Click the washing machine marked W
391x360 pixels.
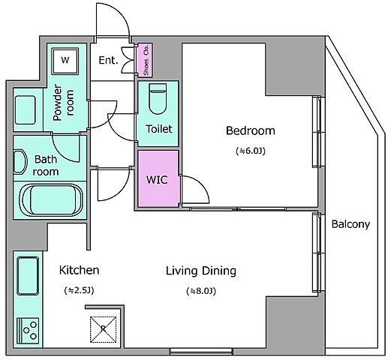65,61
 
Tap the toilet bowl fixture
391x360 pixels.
158,99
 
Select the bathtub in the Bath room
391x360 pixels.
52,200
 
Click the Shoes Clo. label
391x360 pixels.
146,60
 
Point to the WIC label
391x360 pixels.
157,180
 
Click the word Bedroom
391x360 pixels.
251,130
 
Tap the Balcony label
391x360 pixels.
350,224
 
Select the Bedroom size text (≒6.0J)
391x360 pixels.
251,151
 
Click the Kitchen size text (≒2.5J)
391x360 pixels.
79,290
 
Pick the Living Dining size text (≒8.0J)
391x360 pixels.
201,291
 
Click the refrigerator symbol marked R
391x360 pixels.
103,329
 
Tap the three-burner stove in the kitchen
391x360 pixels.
28,331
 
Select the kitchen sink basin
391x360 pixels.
28,276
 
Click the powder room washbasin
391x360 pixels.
25,110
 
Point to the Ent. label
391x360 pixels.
108,60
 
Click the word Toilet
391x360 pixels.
159,129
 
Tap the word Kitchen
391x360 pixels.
79,270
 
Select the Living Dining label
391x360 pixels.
201,271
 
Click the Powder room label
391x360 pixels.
64,103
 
